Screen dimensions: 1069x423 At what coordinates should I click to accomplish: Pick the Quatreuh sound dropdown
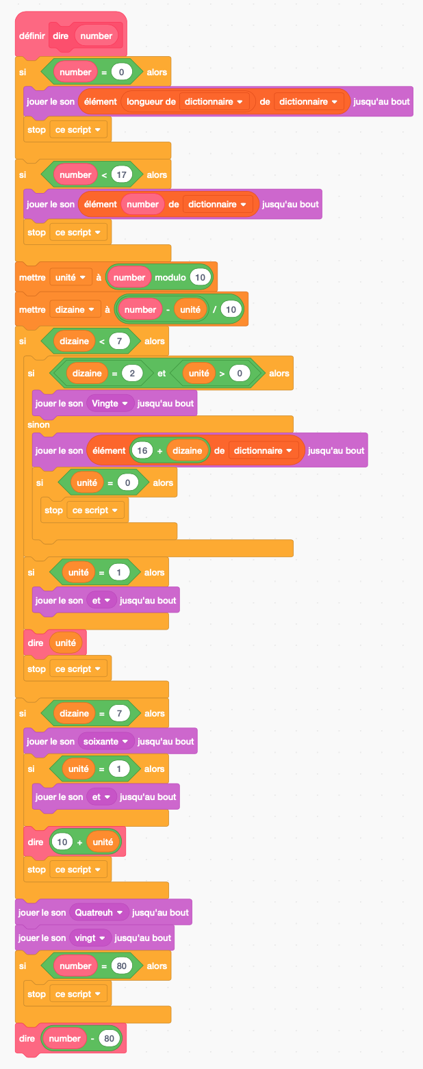(x=99, y=912)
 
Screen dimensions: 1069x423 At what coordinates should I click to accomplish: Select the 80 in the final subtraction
(x=108, y=1038)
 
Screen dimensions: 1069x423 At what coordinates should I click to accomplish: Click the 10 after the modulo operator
(x=201, y=277)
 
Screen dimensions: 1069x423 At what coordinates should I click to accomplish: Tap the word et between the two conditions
(x=162, y=373)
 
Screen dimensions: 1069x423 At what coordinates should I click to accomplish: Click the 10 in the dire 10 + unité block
(x=62, y=842)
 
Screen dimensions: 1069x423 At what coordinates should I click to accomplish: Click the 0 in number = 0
(x=121, y=71)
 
